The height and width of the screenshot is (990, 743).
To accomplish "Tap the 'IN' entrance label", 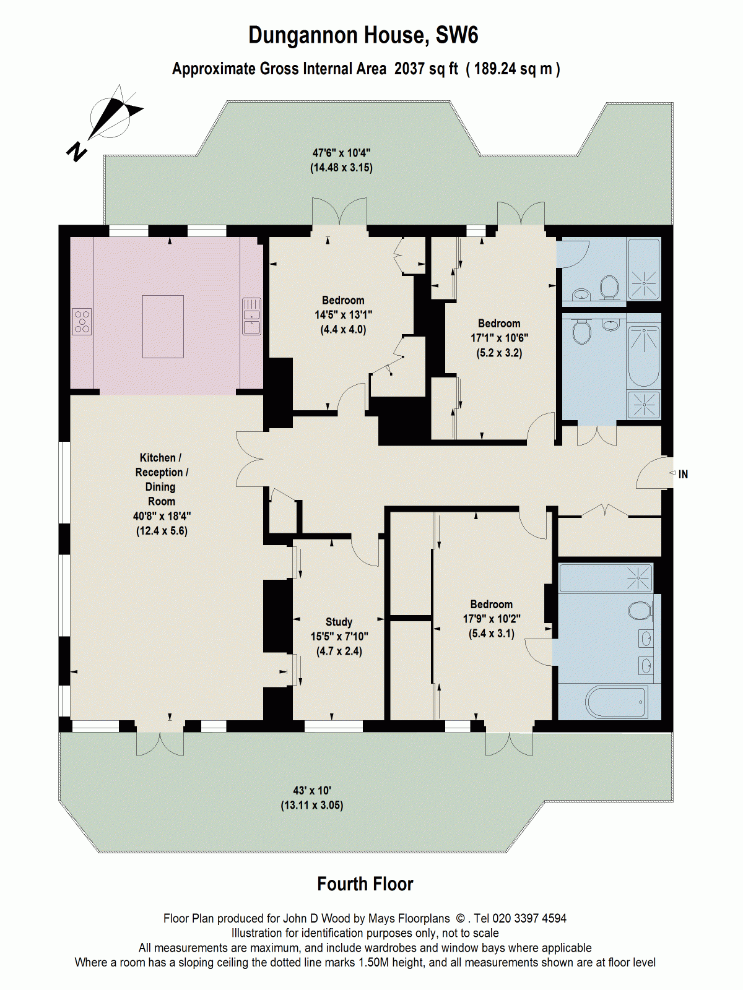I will point(683,475).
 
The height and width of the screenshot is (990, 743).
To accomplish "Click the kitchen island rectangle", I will point(163,327).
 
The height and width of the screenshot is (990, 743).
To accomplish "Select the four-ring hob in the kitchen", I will point(82,321).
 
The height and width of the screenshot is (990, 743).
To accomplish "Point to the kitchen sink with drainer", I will point(251,316).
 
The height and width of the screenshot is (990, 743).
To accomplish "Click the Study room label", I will point(339,622).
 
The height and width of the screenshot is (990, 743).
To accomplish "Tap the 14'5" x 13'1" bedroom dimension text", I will point(343,315).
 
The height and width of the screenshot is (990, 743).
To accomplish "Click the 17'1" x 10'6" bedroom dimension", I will point(499,338).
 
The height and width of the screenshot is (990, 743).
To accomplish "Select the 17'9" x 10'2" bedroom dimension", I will point(492,619).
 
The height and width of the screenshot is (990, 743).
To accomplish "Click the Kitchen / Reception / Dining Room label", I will point(161,480).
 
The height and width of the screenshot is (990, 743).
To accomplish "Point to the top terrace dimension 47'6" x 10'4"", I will point(341,153).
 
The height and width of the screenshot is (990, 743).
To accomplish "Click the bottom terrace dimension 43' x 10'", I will point(312,791).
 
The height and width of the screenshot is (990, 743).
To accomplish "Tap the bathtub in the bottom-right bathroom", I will point(617,702).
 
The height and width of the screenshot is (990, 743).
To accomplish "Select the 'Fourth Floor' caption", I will point(365,884).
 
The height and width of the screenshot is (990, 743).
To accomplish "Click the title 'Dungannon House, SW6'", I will point(363,35).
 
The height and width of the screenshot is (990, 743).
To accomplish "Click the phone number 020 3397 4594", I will point(529,919).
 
